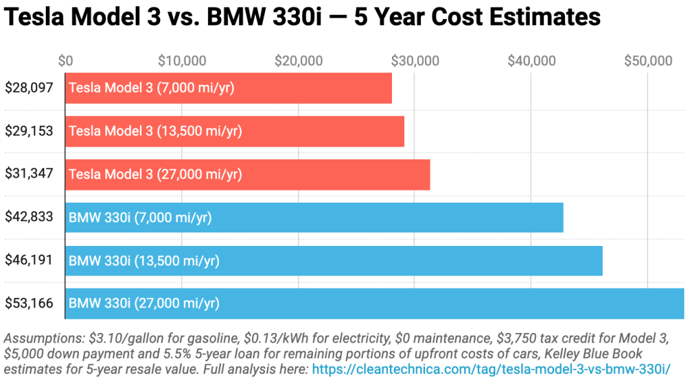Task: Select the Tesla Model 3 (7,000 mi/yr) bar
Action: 228,88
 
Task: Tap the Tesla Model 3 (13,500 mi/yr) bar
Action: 234,131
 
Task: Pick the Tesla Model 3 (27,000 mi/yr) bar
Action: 247,174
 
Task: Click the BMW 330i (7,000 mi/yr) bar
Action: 314,218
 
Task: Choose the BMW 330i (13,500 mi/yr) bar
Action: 334,261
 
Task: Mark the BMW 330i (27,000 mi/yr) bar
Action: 374,303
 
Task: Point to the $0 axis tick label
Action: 66,61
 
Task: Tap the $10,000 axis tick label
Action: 182,61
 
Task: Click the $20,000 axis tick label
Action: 299,61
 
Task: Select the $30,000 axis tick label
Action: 415,61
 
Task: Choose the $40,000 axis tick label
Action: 532,61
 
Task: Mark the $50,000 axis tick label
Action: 648,61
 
